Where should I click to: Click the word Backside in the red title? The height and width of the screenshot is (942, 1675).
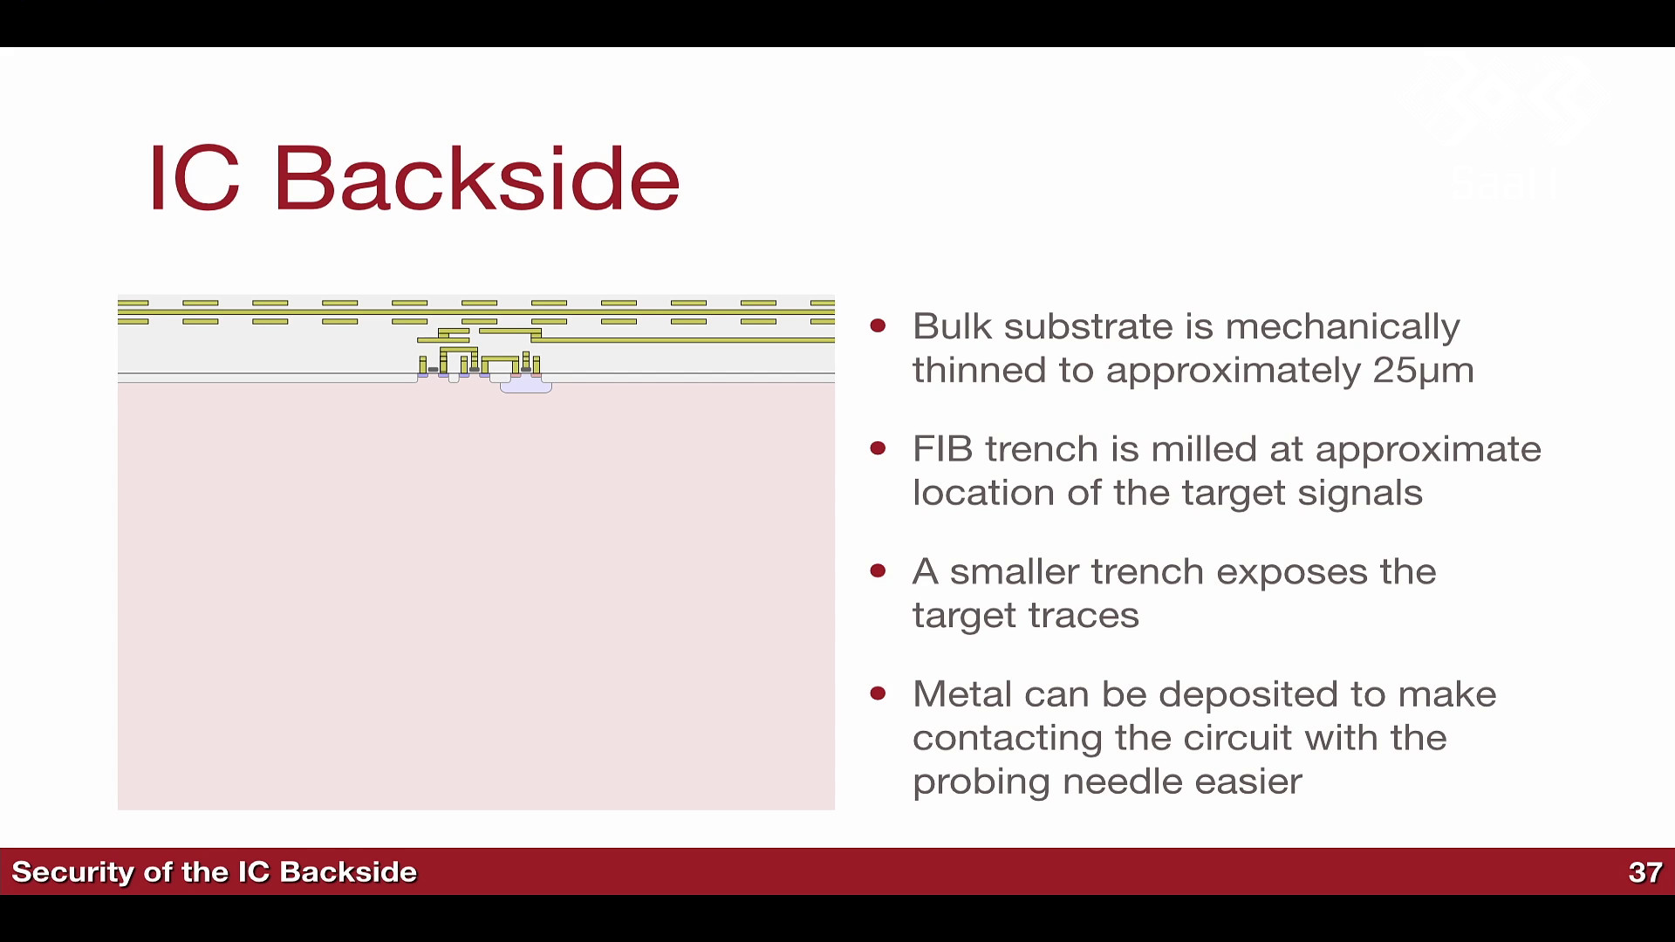[x=476, y=178]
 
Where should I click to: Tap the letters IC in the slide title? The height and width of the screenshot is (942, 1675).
[x=194, y=178]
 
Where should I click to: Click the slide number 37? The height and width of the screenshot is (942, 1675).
[x=1645, y=872]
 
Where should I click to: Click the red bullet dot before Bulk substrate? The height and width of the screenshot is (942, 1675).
[x=879, y=326]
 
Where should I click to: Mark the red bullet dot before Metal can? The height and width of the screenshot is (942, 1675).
[x=879, y=694]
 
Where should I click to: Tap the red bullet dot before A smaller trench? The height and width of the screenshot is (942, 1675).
[x=879, y=571]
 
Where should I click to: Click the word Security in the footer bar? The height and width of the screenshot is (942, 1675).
[x=72, y=872]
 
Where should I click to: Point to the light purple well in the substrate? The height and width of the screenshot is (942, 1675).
[x=526, y=384]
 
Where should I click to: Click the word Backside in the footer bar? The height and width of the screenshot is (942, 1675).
[x=349, y=872]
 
